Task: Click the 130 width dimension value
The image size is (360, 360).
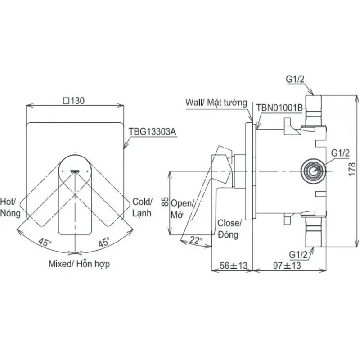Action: (x=74, y=101)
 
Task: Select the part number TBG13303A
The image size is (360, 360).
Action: (x=152, y=132)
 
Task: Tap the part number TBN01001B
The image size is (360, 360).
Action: (x=279, y=108)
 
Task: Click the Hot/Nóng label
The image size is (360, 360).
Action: (x=10, y=207)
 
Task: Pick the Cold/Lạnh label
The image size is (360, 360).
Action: (x=142, y=207)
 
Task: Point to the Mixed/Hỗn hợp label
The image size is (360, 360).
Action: (x=79, y=264)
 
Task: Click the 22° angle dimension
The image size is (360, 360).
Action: (x=196, y=240)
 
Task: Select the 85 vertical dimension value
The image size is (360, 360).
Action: (x=165, y=202)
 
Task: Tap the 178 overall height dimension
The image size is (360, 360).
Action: (x=352, y=169)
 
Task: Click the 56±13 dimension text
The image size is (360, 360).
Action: (x=234, y=265)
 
